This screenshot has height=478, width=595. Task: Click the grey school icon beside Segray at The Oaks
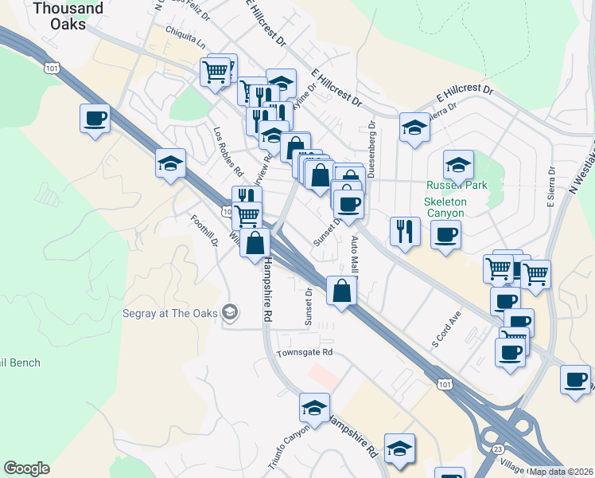(231, 311)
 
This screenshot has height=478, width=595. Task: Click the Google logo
(26, 468)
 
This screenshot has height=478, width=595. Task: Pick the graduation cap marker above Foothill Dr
(171, 163)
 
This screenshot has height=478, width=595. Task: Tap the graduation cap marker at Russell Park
(458, 165)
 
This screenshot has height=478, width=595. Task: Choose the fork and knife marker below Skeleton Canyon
(405, 231)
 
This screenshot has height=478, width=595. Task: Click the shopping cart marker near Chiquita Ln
(216, 71)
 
